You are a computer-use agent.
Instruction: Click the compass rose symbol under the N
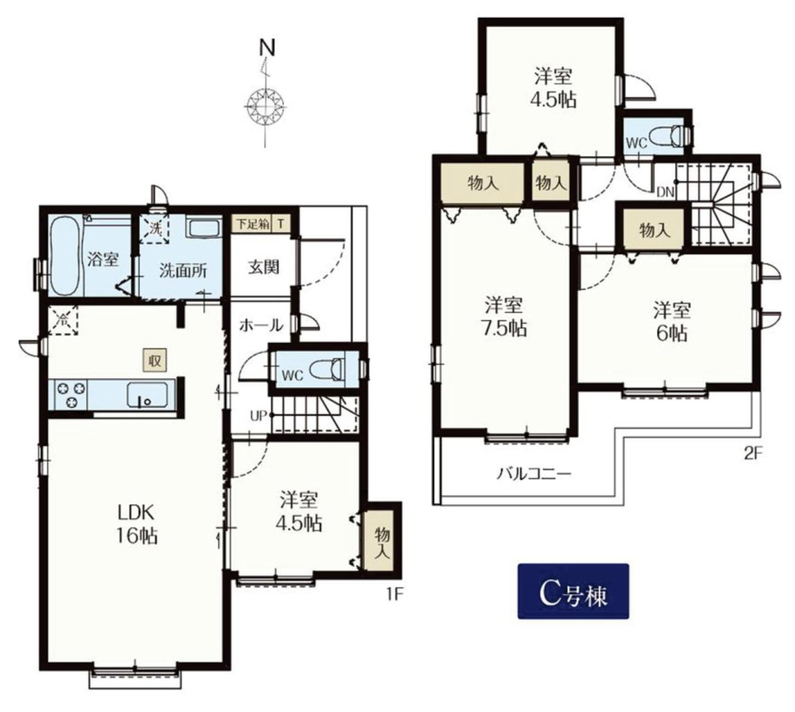coord(264,106)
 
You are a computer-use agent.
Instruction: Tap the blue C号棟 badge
coord(573,591)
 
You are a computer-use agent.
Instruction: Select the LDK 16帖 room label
coord(136,524)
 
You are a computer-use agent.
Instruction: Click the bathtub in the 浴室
coord(65,255)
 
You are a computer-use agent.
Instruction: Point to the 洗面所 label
coord(183,271)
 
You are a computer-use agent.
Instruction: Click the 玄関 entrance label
coord(264,266)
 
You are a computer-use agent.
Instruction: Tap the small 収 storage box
coord(154,360)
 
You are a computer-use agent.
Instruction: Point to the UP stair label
coord(258,416)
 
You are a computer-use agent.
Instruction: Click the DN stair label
coord(664,191)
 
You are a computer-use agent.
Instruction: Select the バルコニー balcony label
coord(534,475)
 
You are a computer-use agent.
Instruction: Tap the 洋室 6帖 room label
coord(672,321)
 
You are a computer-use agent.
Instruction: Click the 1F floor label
coord(395,593)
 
